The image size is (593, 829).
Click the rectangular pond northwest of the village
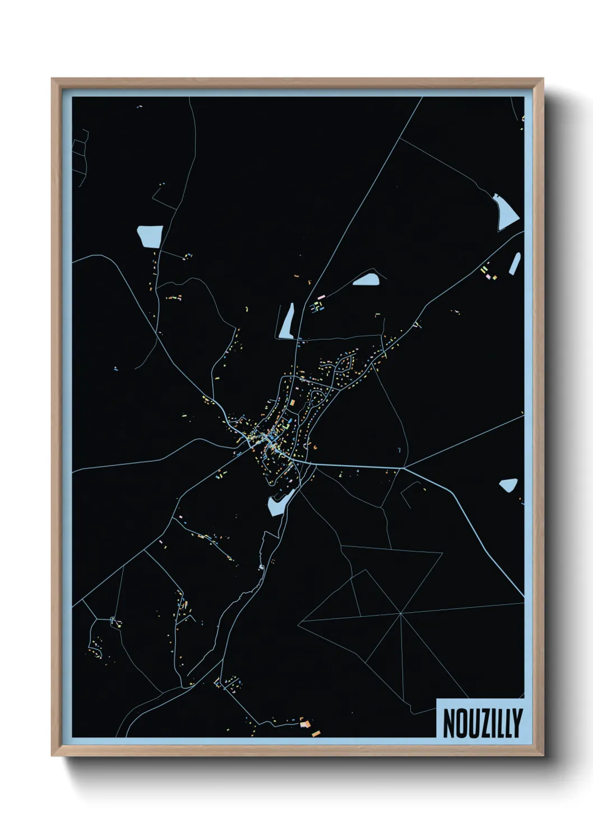(x=150, y=236)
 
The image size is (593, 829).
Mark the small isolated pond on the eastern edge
(x=508, y=485)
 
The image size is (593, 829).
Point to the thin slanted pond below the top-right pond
(x=514, y=264)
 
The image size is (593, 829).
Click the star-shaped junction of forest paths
(x=401, y=614)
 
